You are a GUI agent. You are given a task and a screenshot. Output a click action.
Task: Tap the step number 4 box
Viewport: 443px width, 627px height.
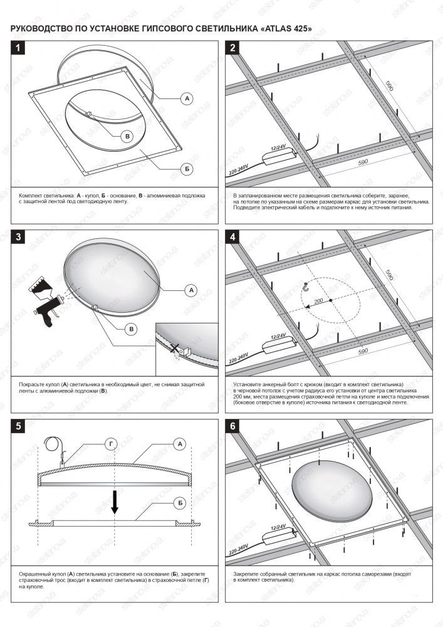click(233, 237)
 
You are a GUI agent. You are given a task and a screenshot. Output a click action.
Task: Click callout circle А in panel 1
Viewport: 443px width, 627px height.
click(186, 98)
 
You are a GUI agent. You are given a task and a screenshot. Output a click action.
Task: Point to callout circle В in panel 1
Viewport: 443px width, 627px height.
click(127, 136)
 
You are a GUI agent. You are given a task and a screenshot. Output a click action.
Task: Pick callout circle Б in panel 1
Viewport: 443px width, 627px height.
click(186, 169)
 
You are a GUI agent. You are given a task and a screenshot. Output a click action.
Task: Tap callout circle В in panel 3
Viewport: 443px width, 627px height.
click(132, 329)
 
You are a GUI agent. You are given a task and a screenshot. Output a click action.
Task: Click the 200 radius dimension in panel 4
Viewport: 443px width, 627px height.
click(318, 302)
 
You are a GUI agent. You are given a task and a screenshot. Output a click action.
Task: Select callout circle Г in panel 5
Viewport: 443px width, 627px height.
click(111, 444)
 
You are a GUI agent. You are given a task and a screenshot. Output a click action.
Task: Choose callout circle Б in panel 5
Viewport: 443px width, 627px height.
click(180, 502)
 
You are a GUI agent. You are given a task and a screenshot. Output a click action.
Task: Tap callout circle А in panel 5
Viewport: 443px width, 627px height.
click(180, 444)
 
